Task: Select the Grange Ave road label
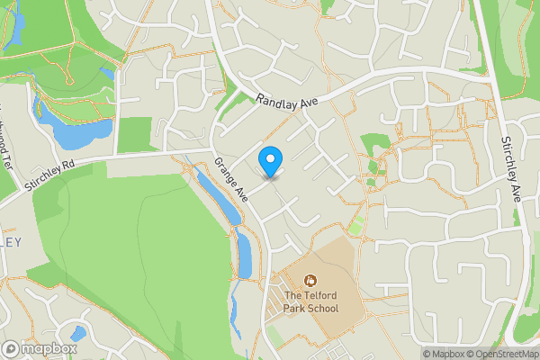(230, 179)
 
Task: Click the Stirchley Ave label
(511, 168)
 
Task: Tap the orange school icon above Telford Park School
(310, 281)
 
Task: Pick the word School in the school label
(320, 309)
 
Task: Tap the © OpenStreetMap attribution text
(502, 354)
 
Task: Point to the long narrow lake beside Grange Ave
(219, 195)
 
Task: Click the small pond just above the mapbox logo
(78, 332)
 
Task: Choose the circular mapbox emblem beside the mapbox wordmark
(12, 348)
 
